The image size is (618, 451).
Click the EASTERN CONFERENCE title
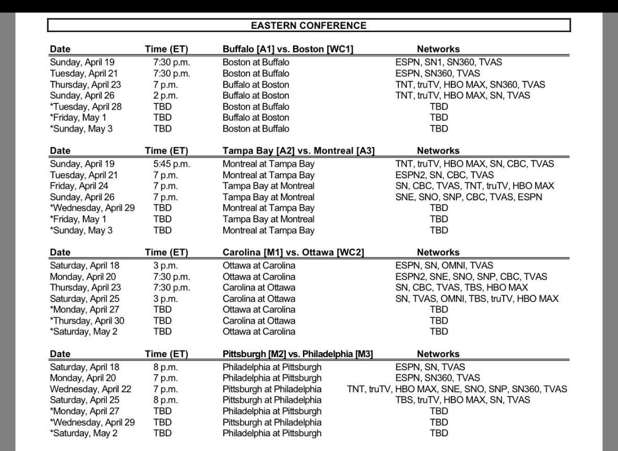(308, 25)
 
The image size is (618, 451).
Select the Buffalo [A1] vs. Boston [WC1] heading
(288, 49)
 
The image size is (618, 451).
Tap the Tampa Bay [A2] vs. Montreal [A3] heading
(298, 151)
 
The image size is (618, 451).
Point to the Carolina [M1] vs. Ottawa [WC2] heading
(293, 252)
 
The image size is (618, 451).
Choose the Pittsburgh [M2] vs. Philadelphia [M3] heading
(297, 354)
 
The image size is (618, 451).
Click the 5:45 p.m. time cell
(171, 164)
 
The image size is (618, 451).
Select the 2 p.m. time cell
(165, 95)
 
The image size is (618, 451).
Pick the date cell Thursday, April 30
(87, 320)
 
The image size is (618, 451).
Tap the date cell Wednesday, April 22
(91, 389)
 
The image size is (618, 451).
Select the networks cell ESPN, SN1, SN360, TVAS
(448, 62)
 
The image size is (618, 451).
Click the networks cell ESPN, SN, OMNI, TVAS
(444, 265)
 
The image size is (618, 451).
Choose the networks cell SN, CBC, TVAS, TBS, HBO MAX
(461, 287)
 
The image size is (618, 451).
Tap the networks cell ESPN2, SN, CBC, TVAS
(444, 175)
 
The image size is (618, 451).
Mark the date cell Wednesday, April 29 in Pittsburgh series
(92, 422)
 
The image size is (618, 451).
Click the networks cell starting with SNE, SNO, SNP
(469, 197)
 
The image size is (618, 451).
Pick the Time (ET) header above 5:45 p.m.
(166, 151)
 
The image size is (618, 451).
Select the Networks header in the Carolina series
(438, 252)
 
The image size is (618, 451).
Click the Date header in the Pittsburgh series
(60, 354)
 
